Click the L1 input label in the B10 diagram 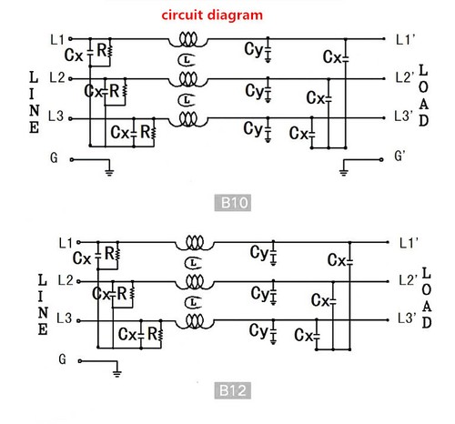pyautogui.click(x=57, y=40)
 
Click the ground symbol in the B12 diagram pyautogui.click(x=116, y=370)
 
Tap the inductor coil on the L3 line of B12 pyautogui.click(x=193, y=321)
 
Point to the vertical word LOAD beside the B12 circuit pyautogui.click(x=425, y=291)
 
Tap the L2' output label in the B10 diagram pyautogui.click(x=405, y=79)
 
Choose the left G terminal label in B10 pyautogui.click(x=55, y=156)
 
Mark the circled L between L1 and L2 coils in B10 pyautogui.click(x=186, y=60)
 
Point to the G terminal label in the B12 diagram pyautogui.click(x=62, y=359)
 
